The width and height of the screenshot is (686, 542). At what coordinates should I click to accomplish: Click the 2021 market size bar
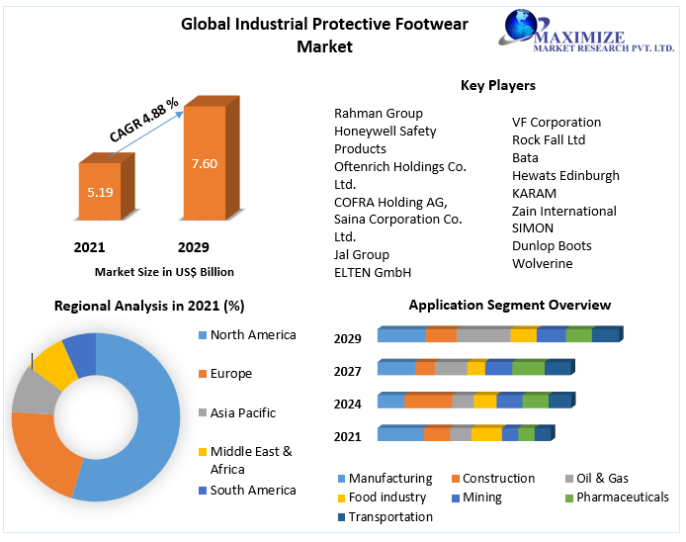coord(100,192)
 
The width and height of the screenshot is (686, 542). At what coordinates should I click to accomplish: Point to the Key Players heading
coord(498,86)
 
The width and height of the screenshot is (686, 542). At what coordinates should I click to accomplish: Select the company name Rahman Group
coord(379,114)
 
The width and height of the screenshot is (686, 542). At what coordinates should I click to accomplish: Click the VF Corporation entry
coord(557,123)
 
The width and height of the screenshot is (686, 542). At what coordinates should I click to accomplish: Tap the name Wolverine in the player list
coord(543,264)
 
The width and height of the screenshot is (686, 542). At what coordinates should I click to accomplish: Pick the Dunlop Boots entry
coord(552,246)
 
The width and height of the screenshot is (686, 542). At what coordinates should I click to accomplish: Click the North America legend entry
coord(253,335)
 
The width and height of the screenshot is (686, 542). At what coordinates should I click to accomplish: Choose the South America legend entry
coord(253,491)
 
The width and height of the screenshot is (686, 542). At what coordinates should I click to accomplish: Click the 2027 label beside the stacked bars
coord(347,371)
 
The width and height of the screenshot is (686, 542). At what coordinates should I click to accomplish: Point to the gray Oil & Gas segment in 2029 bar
coord(482,335)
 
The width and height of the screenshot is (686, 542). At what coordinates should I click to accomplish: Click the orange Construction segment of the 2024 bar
coord(428,402)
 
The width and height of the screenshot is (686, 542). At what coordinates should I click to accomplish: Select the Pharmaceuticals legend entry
coord(622,497)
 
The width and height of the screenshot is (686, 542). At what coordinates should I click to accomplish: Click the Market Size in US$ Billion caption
coord(164,271)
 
